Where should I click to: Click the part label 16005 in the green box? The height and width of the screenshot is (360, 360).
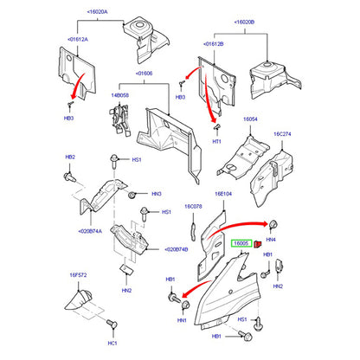[241, 244]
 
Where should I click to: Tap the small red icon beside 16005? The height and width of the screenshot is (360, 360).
[258, 245]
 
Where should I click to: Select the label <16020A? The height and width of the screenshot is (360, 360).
[97, 12]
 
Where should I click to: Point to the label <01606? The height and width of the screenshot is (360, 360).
[144, 74]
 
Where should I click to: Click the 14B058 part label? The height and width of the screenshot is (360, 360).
[120, 95]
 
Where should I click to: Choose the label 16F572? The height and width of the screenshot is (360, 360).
[78, 275]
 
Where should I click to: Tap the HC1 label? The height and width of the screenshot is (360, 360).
[112, 344]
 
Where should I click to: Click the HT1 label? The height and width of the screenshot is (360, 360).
[216, 142]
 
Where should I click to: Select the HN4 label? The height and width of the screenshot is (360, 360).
[271, 240]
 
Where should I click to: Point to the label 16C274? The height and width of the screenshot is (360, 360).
[282, 134]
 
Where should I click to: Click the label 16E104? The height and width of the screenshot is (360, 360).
[223, 194]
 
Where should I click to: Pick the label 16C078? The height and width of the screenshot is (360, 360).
[193, 207]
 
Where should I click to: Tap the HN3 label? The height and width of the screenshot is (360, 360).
[157, 194]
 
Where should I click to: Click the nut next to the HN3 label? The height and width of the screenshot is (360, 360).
[132, 196]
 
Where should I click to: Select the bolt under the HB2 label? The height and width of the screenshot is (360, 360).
[69, 177]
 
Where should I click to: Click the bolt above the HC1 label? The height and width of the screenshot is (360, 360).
[112, 324]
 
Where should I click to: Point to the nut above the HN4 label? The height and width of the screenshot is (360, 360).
[273, 224]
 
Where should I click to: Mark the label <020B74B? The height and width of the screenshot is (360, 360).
[176, 249]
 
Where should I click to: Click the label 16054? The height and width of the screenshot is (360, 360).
[250, 119]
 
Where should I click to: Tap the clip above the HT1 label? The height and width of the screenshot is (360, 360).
[216, 127]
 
